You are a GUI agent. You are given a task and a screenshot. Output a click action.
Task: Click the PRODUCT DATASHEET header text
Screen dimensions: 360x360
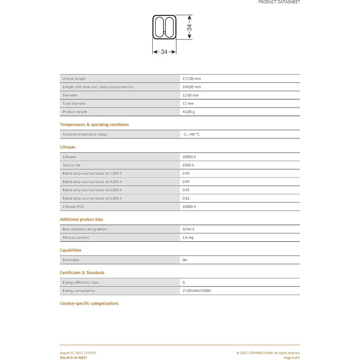coord(279,2)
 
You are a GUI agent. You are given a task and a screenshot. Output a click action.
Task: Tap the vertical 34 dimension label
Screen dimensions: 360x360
coord(189,29)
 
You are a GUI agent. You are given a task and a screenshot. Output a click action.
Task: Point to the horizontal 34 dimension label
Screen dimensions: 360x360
coord(164,51)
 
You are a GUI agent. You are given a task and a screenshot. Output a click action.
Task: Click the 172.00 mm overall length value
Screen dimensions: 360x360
coord(191,79)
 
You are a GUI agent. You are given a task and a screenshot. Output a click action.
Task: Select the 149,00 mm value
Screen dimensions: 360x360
coord(191,87)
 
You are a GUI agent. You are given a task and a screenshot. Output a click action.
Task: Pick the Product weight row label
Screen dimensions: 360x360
coord(75,112)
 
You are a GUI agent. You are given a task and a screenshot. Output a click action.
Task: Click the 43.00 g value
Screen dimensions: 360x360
coord(189,112)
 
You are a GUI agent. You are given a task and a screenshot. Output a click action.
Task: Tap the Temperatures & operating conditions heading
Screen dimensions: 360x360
coord(94,124)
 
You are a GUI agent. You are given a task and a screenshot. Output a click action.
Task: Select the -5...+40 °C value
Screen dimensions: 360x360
coord(191,134)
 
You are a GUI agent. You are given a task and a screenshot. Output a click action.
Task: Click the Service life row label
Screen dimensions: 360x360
coord(72,165)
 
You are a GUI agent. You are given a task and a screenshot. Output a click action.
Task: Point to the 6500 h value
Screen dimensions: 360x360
coord(188,165)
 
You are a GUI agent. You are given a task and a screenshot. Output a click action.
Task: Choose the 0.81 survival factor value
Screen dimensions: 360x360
coord(186,198)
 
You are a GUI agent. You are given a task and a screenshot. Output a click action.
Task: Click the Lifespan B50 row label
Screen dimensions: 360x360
coord(73,206)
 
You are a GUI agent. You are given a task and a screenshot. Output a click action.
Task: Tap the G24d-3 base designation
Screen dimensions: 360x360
coord(188,229)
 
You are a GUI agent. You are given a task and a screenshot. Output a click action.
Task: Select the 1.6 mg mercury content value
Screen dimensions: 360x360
coord(188,237)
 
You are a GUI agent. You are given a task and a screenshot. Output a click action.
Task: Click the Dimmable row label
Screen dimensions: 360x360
coord(71,260)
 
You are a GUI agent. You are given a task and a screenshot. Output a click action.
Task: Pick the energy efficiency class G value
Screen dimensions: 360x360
coord(184,282)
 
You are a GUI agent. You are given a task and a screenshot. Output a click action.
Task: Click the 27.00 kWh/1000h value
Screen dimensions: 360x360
coord(197,291)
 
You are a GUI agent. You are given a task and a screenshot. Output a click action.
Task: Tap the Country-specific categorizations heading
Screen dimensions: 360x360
coord(89,303)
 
